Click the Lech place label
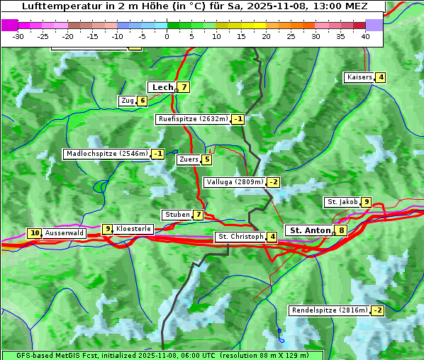click(x=162, y=87)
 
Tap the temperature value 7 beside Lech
click(x=184, y=87)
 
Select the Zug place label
click(x=128, y=101)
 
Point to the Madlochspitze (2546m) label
click(x=106, y=154)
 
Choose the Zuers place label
click(x=189, y=159)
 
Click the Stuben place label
click(x=177, y=215)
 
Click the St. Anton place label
click(x=310, y=230)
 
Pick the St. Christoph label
click(x=240, y=237)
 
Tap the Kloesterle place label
click(x=133, y=229)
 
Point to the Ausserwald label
click(x=65, y=232)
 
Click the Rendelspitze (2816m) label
click(x=330, y=310)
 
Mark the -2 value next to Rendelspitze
click(x=377, y=310)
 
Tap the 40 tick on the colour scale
click(x=365, y=36)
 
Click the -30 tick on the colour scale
click(x=18, y=36)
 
